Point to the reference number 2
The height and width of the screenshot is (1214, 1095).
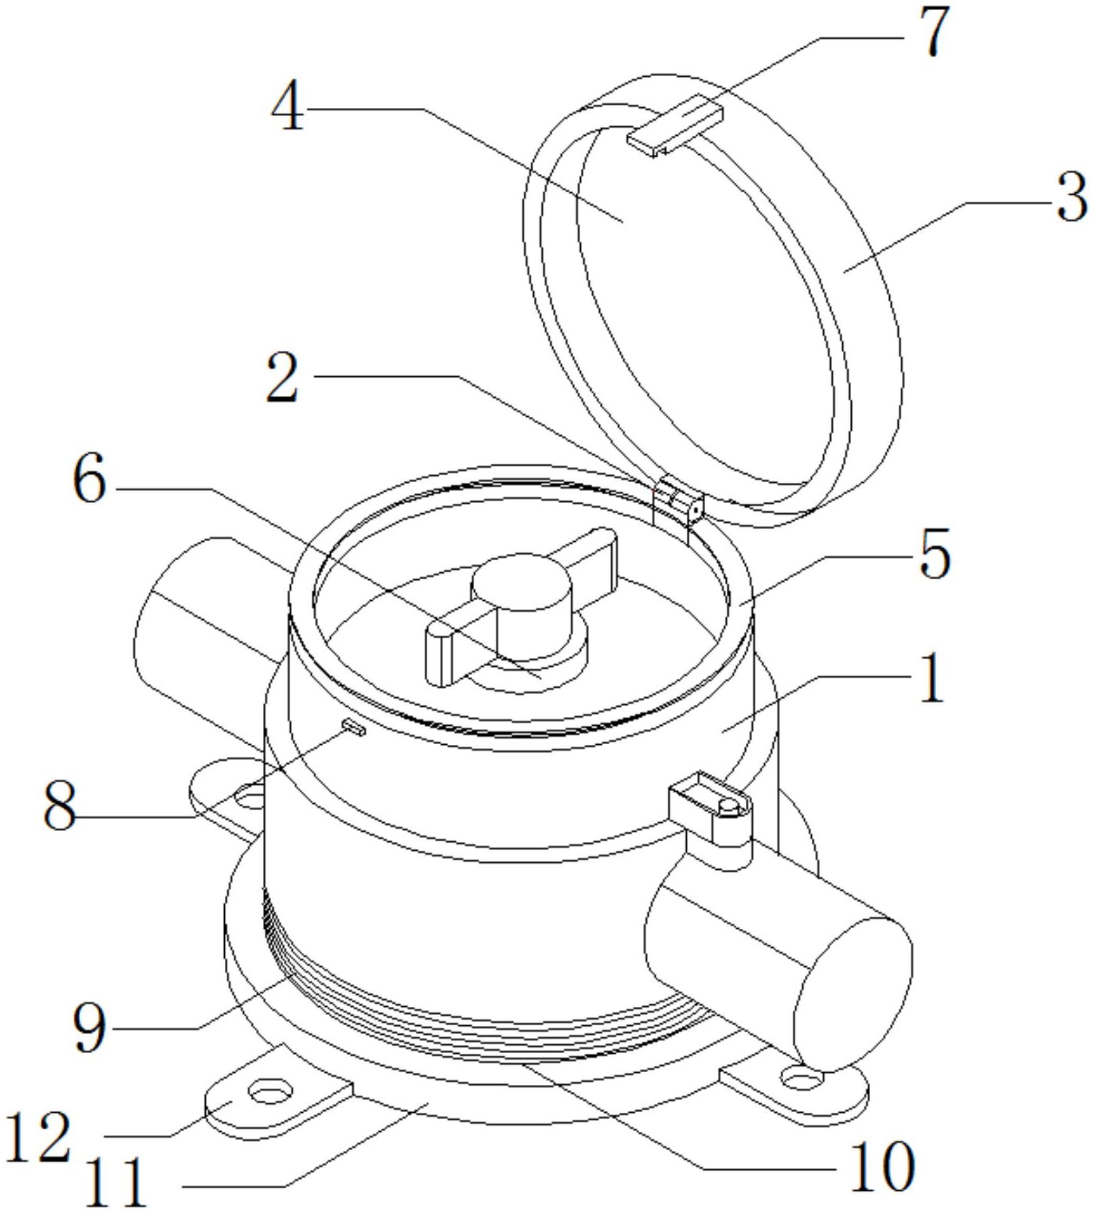click(282, 378)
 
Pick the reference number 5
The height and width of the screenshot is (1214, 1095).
click(934, 555)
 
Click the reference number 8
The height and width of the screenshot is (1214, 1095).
click(60, 805)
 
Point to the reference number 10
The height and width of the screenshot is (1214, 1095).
click(882, 1166)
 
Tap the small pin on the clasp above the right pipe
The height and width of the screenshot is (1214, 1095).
click(728, 805)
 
